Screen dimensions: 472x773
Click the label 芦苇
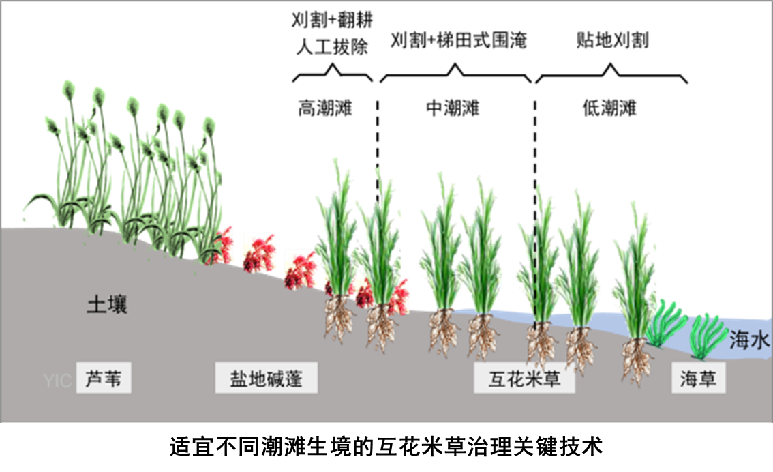click(104, 379)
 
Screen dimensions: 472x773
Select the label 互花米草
click(524, 379)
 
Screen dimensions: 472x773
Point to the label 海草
click(698, 379)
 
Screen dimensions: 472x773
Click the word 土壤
click(106, 305)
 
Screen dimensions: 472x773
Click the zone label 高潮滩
click(325, 108)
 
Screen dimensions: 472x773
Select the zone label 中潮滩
click(453, 108)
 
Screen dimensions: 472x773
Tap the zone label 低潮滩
click(609, 108)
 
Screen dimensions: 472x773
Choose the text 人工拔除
click(331, 47)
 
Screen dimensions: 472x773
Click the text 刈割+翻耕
click(331, 18)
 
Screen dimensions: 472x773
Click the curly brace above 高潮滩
click(333, 73)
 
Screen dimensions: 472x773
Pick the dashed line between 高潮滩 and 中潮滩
click(377, 150)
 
